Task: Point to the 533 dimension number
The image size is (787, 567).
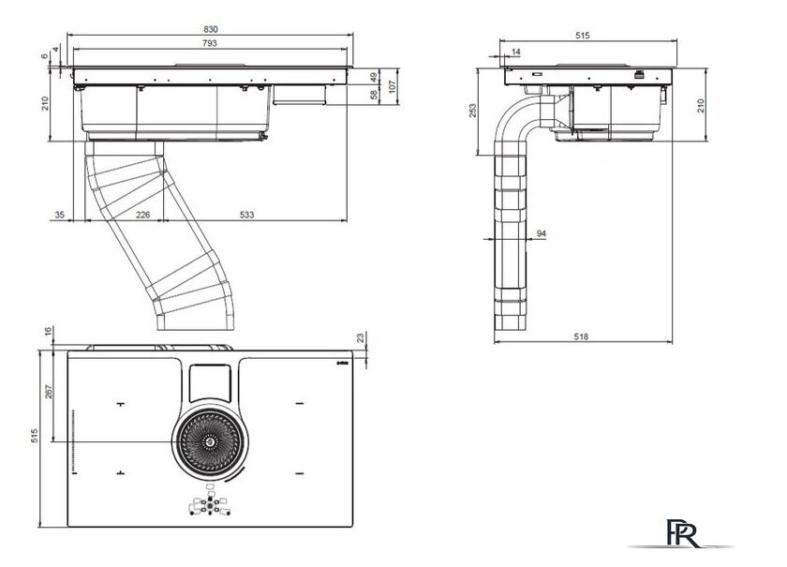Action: point(245,216)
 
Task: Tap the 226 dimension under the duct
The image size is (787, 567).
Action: point(142,216)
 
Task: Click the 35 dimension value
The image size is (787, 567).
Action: point(60,216)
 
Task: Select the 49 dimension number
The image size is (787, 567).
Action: point(372,76)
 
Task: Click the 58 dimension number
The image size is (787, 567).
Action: point(372,94)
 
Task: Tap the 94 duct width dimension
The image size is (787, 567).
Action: point(542,232)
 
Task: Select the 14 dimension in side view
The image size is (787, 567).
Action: point(517,52)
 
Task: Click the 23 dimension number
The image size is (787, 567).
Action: point(362,338)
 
